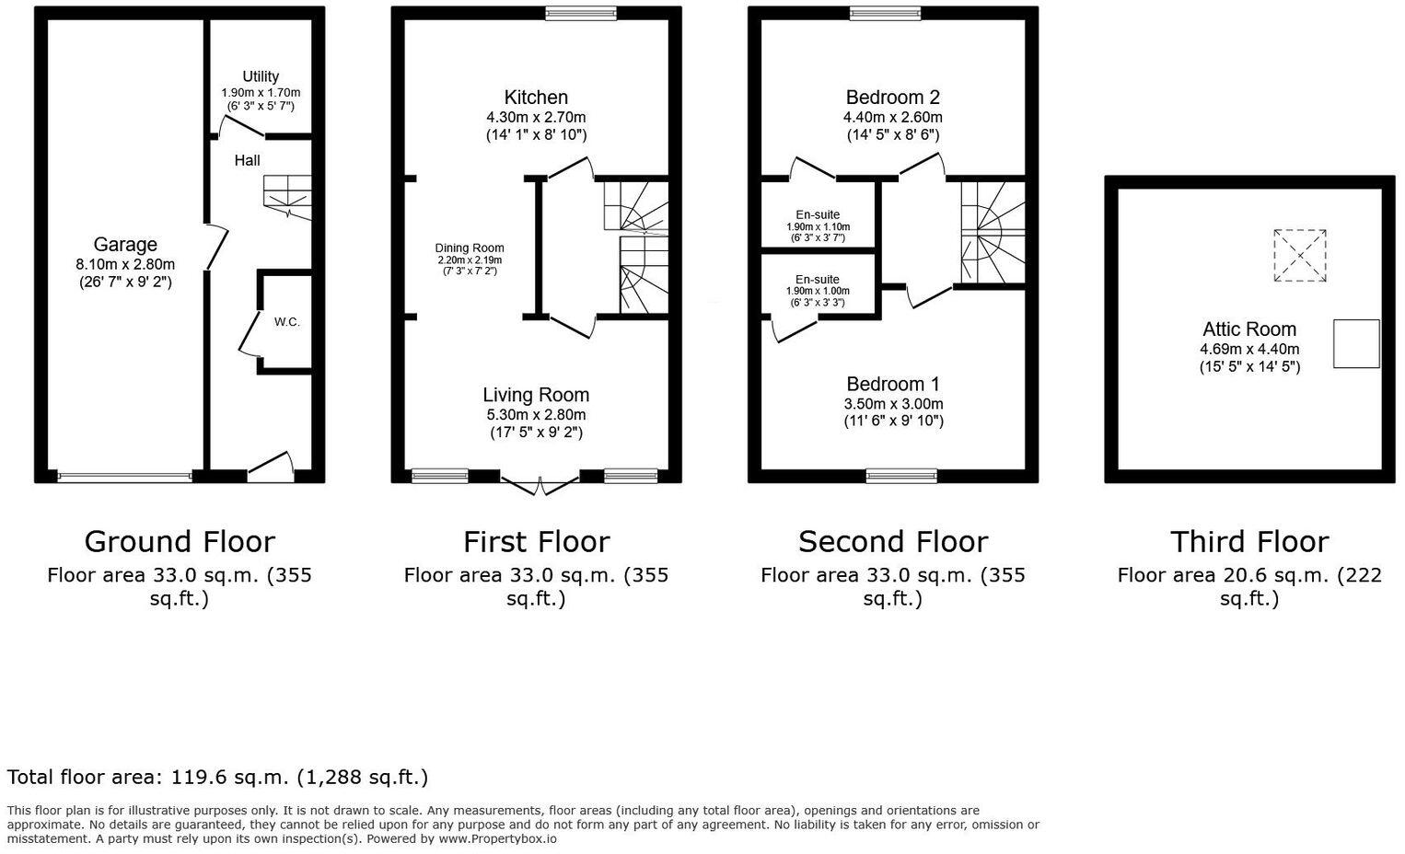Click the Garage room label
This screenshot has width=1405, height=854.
click(x=125, y=245)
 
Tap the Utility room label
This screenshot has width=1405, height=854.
click(x=261, y=76)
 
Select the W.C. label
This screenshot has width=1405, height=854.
click(x=286, y=322)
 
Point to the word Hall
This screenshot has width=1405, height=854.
click(x=247, y=160)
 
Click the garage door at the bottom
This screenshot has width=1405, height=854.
click(x=124, y=477)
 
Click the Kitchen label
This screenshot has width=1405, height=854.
click(x=536, y=98)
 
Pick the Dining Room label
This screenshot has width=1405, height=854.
click(x=470, y=248)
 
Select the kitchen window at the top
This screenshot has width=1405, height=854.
click(x=580, y=13)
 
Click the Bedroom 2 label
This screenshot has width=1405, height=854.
click(x=892, y=98)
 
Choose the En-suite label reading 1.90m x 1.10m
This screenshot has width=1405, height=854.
click(x=818, y=226)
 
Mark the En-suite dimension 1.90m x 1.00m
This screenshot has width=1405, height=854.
click(x=818, y=292)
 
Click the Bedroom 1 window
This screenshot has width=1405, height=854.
click(x=901, y=476)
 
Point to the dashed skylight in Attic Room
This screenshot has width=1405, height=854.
click(x=1300, y=256)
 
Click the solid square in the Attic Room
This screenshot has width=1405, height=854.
click(x=1356, y=343)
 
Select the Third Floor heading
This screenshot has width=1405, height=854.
click(x=1248, y=541)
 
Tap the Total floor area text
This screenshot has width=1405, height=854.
click(x=217, y=778)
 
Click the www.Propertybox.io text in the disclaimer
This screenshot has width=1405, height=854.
click(x=497, y=839)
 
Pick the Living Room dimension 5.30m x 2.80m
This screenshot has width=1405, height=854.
click(x=536, y=415)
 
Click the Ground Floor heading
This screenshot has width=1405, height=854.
click(x=180, y=541)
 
